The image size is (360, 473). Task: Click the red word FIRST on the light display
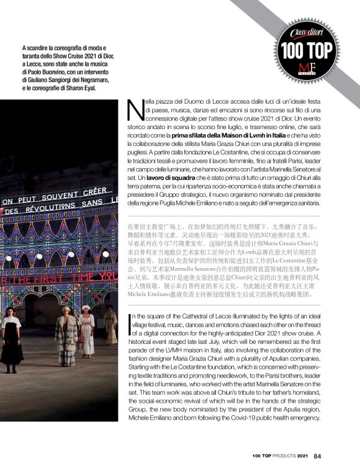pos(61,277)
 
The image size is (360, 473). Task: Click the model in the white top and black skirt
pos(11,338)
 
